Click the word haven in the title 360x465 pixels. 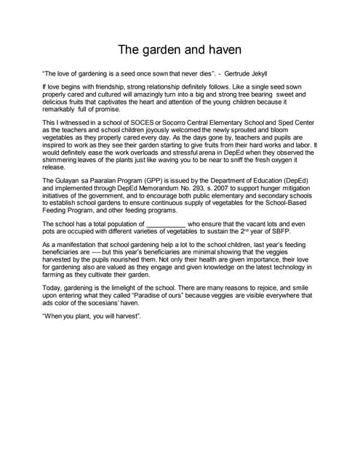click(222, 50)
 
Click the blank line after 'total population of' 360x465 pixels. click(167, 224)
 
